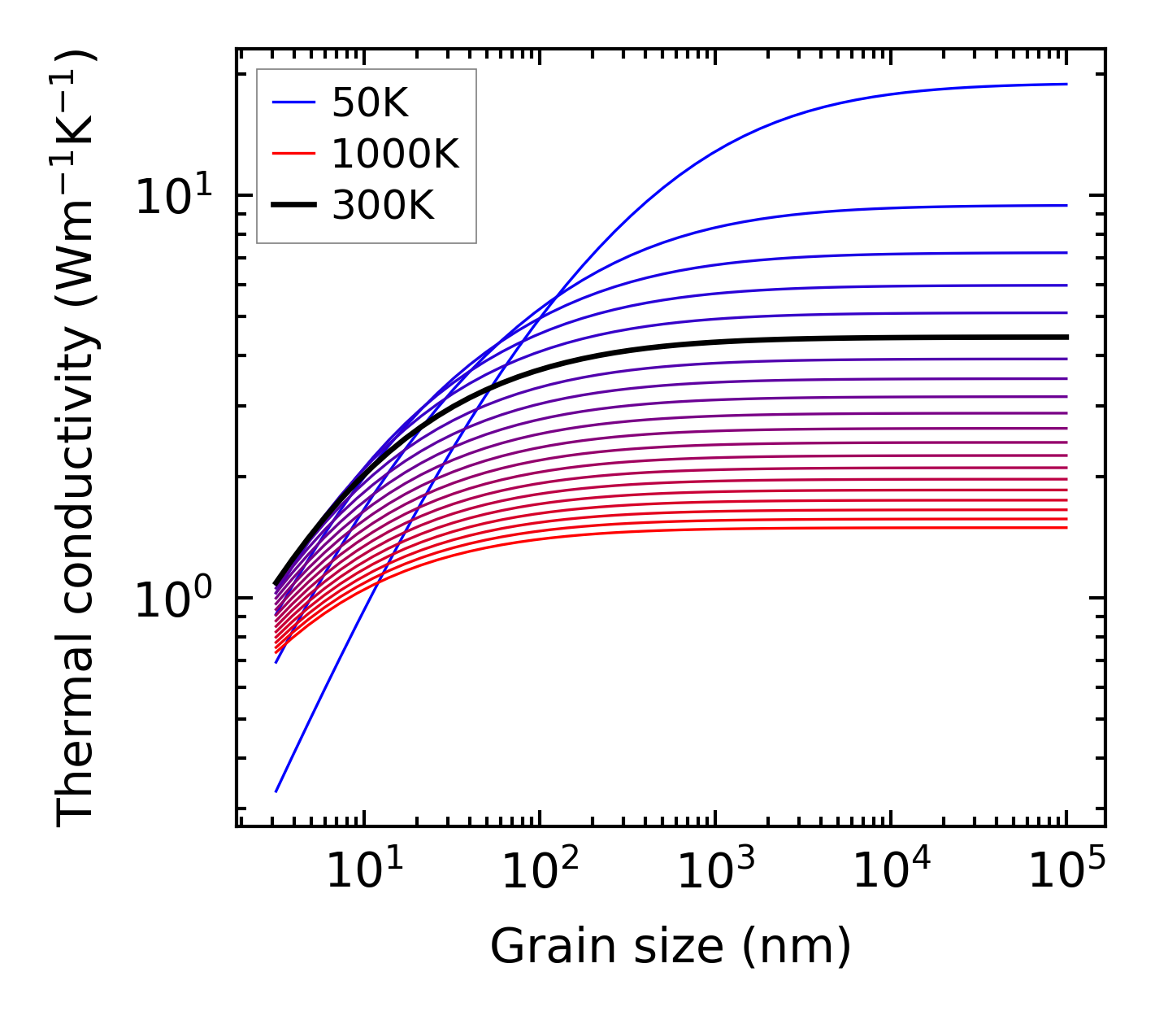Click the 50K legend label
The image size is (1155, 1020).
click(x=370, y=103)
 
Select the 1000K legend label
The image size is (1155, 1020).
click(x=395, y=154)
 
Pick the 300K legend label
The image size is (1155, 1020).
click(x=383, y=207)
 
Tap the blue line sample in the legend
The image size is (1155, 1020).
click(x=293, y=103)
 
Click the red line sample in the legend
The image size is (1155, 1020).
click(x=293, y=154)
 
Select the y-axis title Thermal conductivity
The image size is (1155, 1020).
click(x=77, y=439)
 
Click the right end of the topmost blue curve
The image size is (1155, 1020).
click(x=1066, y=84)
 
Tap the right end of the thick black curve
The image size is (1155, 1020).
click(x=1066, y=337)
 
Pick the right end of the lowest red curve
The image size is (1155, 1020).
click(x=1066, y=528)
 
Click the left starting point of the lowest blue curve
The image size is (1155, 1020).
click(x=276, y=791)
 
